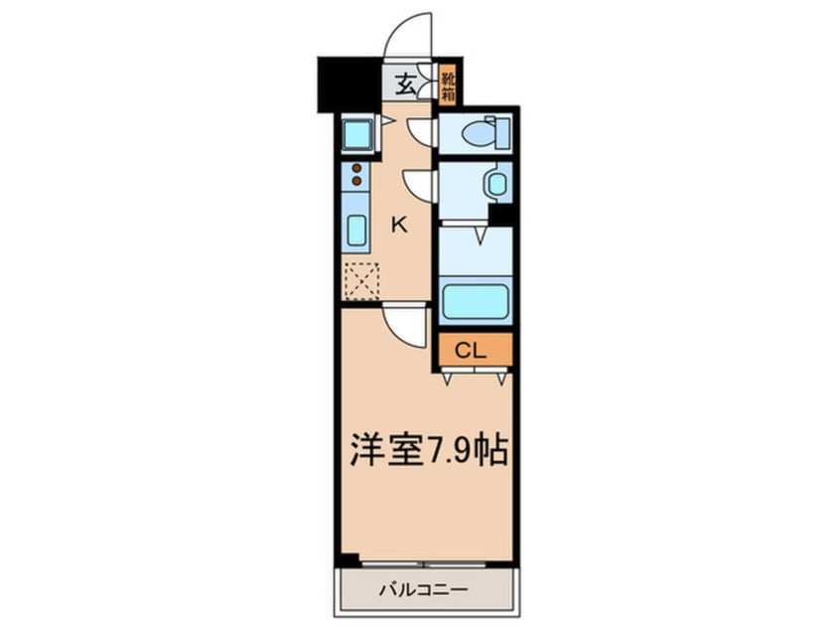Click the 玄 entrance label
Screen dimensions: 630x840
point(406,83)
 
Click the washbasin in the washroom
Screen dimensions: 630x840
point(495,184)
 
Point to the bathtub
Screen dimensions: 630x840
point(477,301)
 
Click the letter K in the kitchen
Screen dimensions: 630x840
point(398,225)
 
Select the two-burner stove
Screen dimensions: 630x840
point(355,174)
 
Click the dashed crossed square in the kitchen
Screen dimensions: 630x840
point(360,281)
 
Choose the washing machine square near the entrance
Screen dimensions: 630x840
point(357,133)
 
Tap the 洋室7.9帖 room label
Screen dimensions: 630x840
point(429,451)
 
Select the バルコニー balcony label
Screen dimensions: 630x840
point(423,590)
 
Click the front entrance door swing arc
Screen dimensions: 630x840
point(408,38)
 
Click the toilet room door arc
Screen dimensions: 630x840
point(422,131)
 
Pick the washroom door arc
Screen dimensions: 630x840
point(420,185)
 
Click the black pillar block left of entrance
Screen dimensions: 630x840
point(349,85)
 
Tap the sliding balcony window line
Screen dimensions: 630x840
point(424,564)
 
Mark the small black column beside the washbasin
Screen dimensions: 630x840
point(501,215)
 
